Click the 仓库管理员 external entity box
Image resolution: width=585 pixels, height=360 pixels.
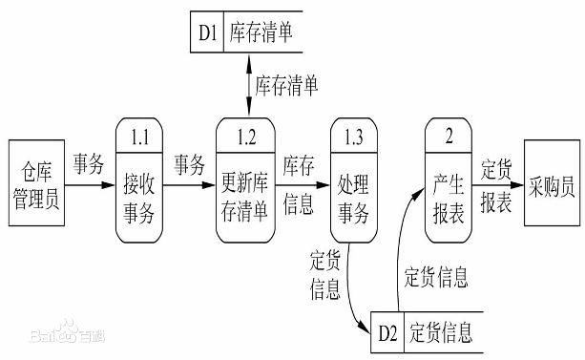(36, 182)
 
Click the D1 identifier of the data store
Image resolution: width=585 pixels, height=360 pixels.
(209, 33)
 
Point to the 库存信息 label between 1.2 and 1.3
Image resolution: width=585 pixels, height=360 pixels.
(300, 182)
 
